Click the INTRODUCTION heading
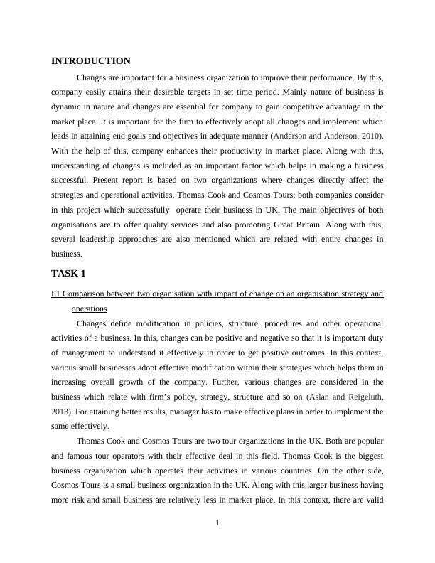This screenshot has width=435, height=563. pos(91,61)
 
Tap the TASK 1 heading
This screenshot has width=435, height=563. pos(70,273)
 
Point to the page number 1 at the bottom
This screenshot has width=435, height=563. pos(217,523)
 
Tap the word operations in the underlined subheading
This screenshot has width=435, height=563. pos(90,309)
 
